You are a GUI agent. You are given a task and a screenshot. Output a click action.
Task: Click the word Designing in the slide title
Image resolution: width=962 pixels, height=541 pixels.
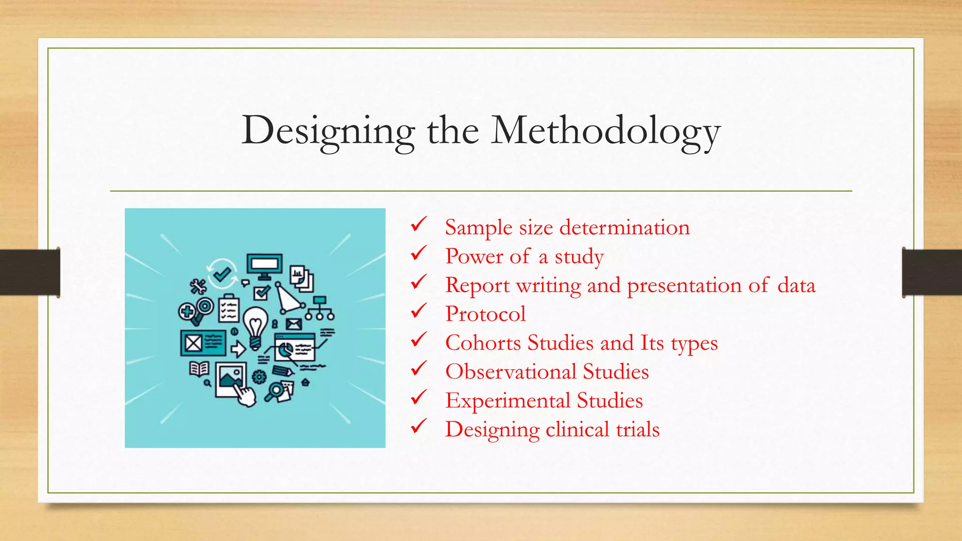point(328,131)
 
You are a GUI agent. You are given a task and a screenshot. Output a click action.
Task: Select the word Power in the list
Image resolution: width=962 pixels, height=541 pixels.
point(474,256)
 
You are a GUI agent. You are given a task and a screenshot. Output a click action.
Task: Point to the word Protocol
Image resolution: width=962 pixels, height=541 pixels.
point(485,314)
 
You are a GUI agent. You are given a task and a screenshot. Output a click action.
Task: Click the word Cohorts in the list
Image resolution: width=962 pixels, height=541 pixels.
point(483,342)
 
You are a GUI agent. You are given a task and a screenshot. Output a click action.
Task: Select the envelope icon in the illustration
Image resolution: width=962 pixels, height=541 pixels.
point(294,324)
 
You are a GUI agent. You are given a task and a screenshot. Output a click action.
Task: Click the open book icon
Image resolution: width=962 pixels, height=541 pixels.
point(199,369)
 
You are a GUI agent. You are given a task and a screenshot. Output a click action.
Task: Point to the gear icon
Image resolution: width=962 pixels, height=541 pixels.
point(259,376)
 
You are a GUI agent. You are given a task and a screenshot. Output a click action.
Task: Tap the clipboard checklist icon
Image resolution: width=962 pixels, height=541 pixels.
point(229,308)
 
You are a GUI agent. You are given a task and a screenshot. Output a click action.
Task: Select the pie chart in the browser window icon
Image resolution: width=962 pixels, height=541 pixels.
point(285,349)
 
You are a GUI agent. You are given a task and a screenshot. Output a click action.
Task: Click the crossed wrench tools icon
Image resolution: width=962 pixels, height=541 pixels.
point(198,286)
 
